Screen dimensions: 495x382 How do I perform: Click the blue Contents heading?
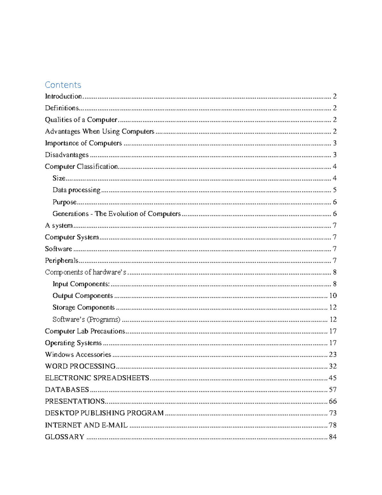63,85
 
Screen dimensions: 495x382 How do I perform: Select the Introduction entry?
63,96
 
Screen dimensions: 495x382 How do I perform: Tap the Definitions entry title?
62,108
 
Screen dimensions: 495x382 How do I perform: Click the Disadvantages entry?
67,155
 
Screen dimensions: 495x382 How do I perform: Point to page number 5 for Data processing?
335,190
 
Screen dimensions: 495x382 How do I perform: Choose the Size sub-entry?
59,178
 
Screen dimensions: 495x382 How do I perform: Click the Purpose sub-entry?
65,202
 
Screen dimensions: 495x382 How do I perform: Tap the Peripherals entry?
61,260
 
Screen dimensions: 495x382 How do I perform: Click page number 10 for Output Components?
333,295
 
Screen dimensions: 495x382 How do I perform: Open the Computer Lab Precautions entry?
85,331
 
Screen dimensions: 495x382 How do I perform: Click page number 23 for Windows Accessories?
333,354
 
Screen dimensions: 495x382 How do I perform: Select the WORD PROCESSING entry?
80,366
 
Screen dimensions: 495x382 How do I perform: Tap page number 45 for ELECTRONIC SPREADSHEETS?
333,378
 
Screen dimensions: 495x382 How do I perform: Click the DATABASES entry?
67,389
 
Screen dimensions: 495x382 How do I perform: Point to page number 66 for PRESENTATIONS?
333,401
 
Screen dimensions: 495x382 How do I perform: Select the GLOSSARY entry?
65,437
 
